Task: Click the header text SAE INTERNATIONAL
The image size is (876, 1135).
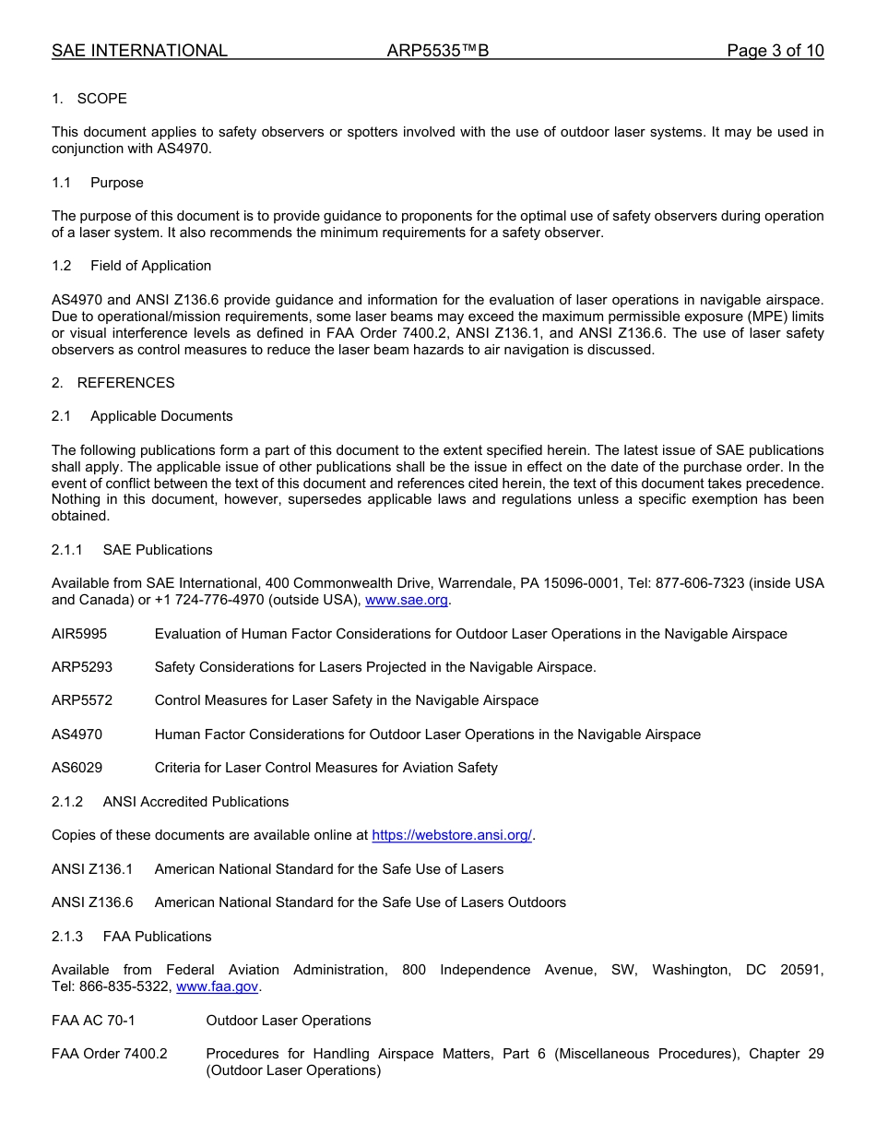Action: coord(139,51)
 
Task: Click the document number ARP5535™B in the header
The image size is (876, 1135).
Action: coord(438,51)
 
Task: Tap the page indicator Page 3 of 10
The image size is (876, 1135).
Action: coord(775,51)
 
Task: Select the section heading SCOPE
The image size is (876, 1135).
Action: coord(101,99)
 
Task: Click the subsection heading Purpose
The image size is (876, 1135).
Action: coord(117,183)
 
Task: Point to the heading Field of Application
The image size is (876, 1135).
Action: coord(150,266)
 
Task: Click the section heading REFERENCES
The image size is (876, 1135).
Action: coord(125,383)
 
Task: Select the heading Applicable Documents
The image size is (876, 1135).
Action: coord(161,416)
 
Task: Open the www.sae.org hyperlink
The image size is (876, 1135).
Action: coord(407,600)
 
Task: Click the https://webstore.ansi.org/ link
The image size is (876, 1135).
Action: coord(452,835)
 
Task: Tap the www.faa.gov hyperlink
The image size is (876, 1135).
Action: coord(217,986)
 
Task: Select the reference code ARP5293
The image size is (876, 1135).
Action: coord(82,667)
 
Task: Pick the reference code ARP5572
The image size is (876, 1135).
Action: coord(82,700)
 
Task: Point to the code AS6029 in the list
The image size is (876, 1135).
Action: coord(77,768)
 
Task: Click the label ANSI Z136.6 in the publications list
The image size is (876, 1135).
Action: coord(92,902)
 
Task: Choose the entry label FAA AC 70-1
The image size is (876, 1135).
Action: coord(93,1021)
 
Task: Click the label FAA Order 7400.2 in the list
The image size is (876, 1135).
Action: coord(110,1054)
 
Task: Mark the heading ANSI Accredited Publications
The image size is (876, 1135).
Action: coord(195,802)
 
